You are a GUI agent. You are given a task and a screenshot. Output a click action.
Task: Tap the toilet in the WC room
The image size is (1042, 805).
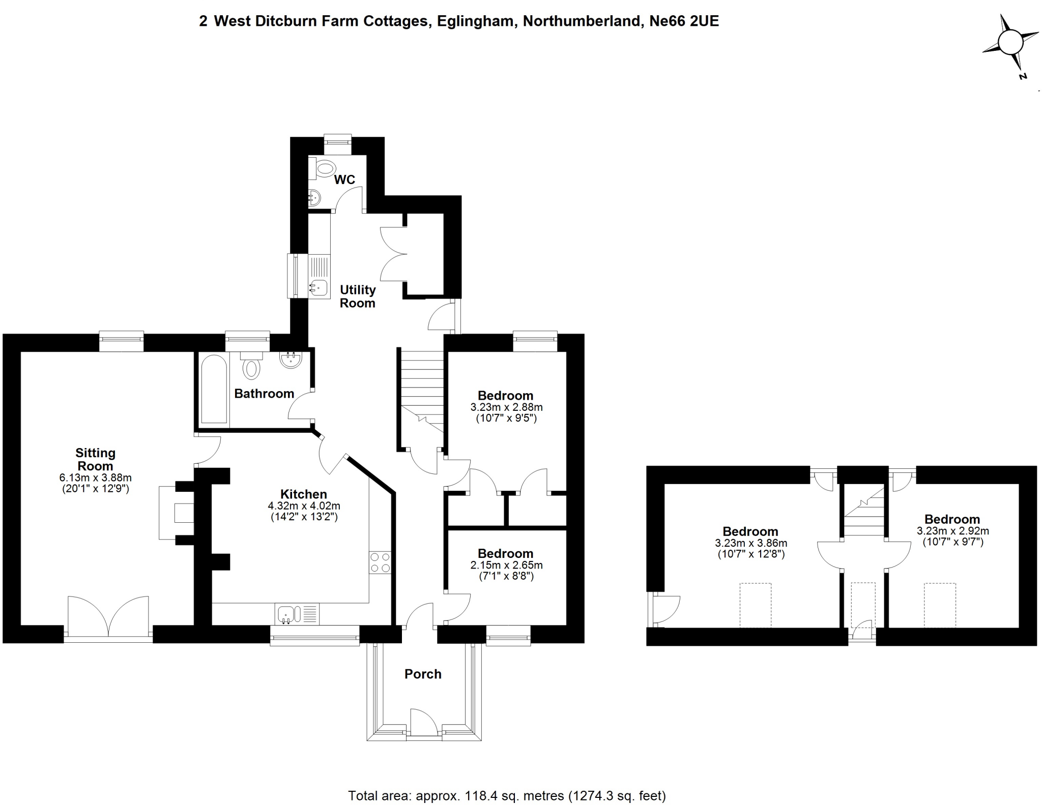(x=324, y=168)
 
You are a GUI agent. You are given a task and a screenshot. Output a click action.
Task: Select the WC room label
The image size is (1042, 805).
(x=344, y=180)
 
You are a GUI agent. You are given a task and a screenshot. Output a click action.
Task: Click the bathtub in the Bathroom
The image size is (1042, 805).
(x=214, y=389)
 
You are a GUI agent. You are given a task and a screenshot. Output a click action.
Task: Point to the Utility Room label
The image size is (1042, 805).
(x=358, y=296)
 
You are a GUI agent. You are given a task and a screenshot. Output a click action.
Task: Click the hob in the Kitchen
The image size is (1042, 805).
(x=380, y=562)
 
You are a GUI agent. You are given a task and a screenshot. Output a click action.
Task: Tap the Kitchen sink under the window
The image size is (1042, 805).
(x=297, y=614)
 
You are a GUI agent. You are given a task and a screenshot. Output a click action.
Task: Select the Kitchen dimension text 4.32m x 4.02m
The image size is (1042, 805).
(x=304, y=506)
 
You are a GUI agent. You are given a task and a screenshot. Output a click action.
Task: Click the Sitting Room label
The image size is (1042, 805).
(x=95, y=459)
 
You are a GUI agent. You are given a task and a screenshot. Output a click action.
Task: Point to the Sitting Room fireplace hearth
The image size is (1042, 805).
(x=176, y=513)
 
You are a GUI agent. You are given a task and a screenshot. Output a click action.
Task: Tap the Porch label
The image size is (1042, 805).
(x=423, y=674)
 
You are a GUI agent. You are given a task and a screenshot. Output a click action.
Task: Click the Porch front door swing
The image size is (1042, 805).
(x=424, y=722)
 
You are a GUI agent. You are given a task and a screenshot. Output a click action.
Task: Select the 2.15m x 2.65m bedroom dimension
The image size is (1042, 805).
(x=506, y=565)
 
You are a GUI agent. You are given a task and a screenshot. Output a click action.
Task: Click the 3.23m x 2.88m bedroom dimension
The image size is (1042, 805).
(x=506, y=407)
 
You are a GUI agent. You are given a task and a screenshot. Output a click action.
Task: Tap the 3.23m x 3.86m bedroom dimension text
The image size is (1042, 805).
(x=751, y=543)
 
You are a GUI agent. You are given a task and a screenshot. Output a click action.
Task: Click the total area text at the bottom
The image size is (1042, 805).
(x=507, y=795)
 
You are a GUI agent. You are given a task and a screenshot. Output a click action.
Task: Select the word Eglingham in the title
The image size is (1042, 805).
(x=474, y=21)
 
